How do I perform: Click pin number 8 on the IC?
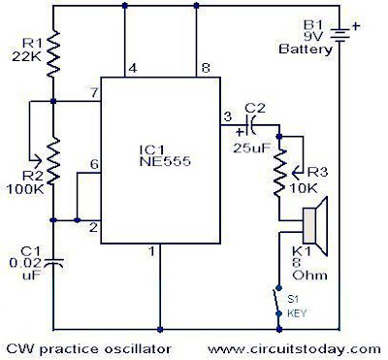click(204, 68)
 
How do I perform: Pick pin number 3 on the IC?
click(228, 117)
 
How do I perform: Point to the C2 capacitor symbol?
click(253, 124)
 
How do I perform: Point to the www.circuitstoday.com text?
click(287, 346)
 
